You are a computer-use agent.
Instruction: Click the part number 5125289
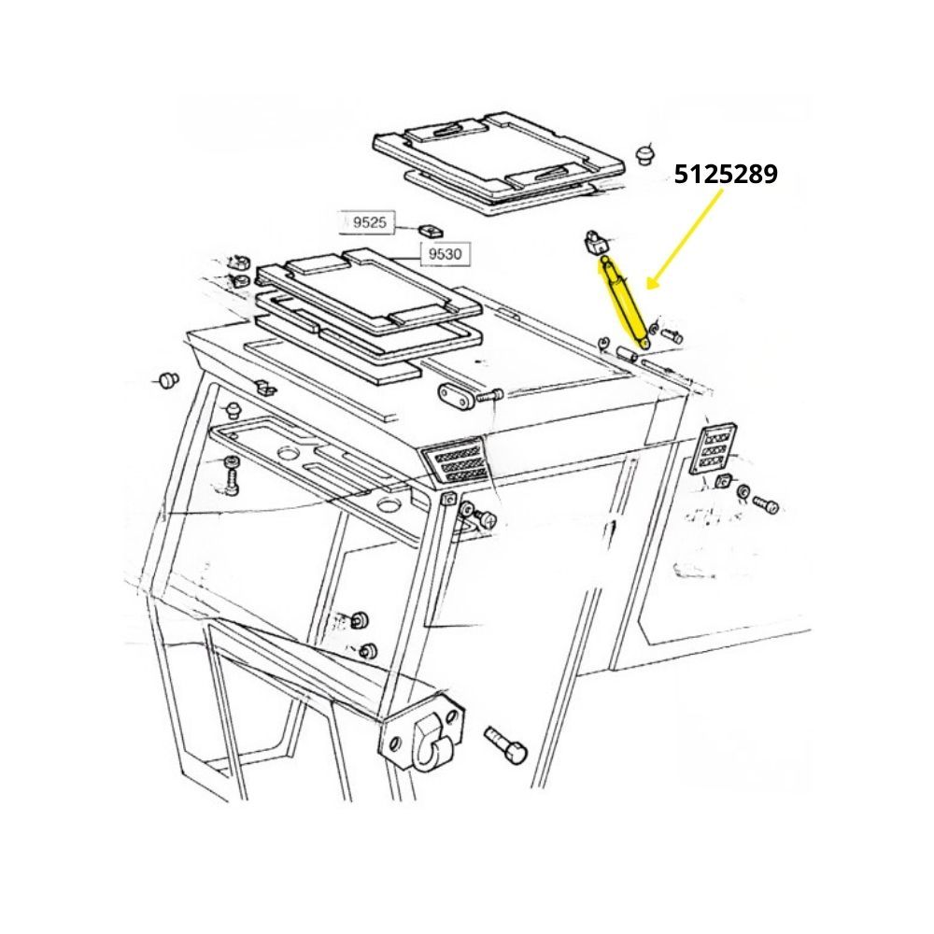(726, 174)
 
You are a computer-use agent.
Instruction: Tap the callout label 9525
(369, 223)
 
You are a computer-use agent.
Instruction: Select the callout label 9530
(445, 254)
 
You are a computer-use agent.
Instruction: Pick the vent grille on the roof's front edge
(456, 461)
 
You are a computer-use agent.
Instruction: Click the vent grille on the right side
(713, 448)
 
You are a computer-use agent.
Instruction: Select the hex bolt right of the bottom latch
(507, 744)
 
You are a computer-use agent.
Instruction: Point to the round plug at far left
(169, 379)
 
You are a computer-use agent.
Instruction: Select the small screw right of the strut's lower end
(672, 334)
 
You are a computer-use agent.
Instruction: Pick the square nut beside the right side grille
(724, 480)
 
